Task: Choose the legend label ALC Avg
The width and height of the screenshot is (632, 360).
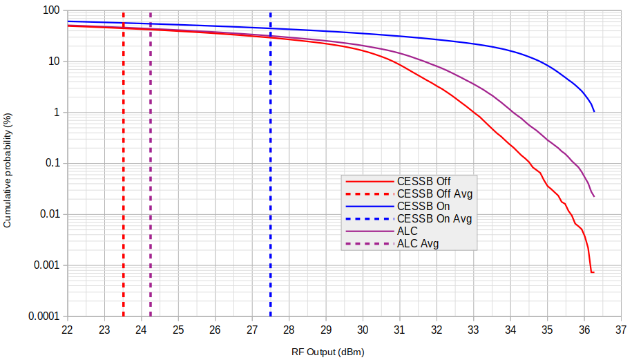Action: [417, 244]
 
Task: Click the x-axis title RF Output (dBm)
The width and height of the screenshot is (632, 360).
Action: [327, 352]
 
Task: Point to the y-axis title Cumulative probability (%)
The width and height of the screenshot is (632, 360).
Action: [8, 163]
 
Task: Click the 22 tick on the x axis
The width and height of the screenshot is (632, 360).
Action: [68, 329]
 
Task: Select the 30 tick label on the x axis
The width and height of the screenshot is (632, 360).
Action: [363, 329]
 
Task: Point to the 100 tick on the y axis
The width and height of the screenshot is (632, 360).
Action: [50, 11]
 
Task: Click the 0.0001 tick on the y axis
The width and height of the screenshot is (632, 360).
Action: [44, 316]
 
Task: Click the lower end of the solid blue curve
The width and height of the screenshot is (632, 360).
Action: [594, 111]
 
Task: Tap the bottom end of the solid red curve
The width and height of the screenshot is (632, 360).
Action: [593, 272]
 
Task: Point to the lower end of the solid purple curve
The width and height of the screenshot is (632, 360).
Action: [594, 196]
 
